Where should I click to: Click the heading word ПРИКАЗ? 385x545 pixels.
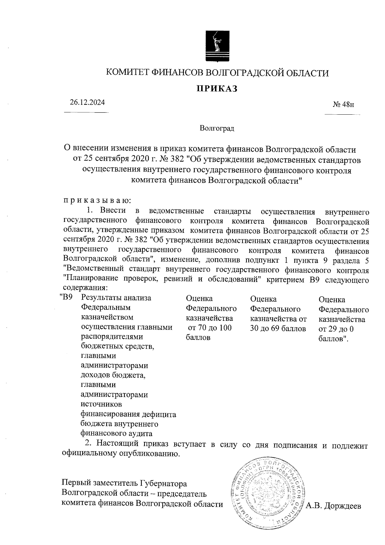click(217, 89)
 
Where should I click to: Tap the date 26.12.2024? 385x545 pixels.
click(88, 103)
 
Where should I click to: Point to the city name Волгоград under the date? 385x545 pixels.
click(217, 129)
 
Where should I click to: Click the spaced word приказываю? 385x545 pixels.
click(97, 201)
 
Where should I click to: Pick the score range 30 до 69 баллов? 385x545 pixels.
click(278, 329)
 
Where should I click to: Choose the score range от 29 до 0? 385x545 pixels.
click(336, 329)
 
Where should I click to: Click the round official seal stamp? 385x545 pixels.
click(269, 495)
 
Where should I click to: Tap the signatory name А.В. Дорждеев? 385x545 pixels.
click(334, 506)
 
